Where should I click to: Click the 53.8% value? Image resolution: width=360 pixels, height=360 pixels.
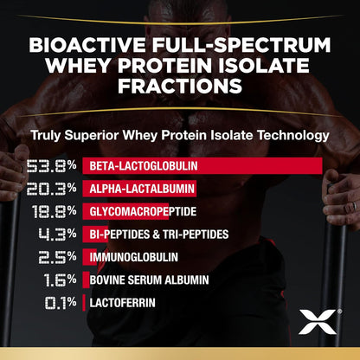point(51,165)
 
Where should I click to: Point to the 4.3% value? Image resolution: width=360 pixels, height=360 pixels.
point(56,235)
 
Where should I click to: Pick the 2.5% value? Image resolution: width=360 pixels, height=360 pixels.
point(57,257)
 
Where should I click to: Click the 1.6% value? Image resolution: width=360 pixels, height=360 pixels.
point(60,280)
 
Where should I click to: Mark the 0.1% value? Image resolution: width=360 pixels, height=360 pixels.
point(60,303)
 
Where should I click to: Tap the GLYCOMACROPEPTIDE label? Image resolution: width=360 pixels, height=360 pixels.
point(139,211)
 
